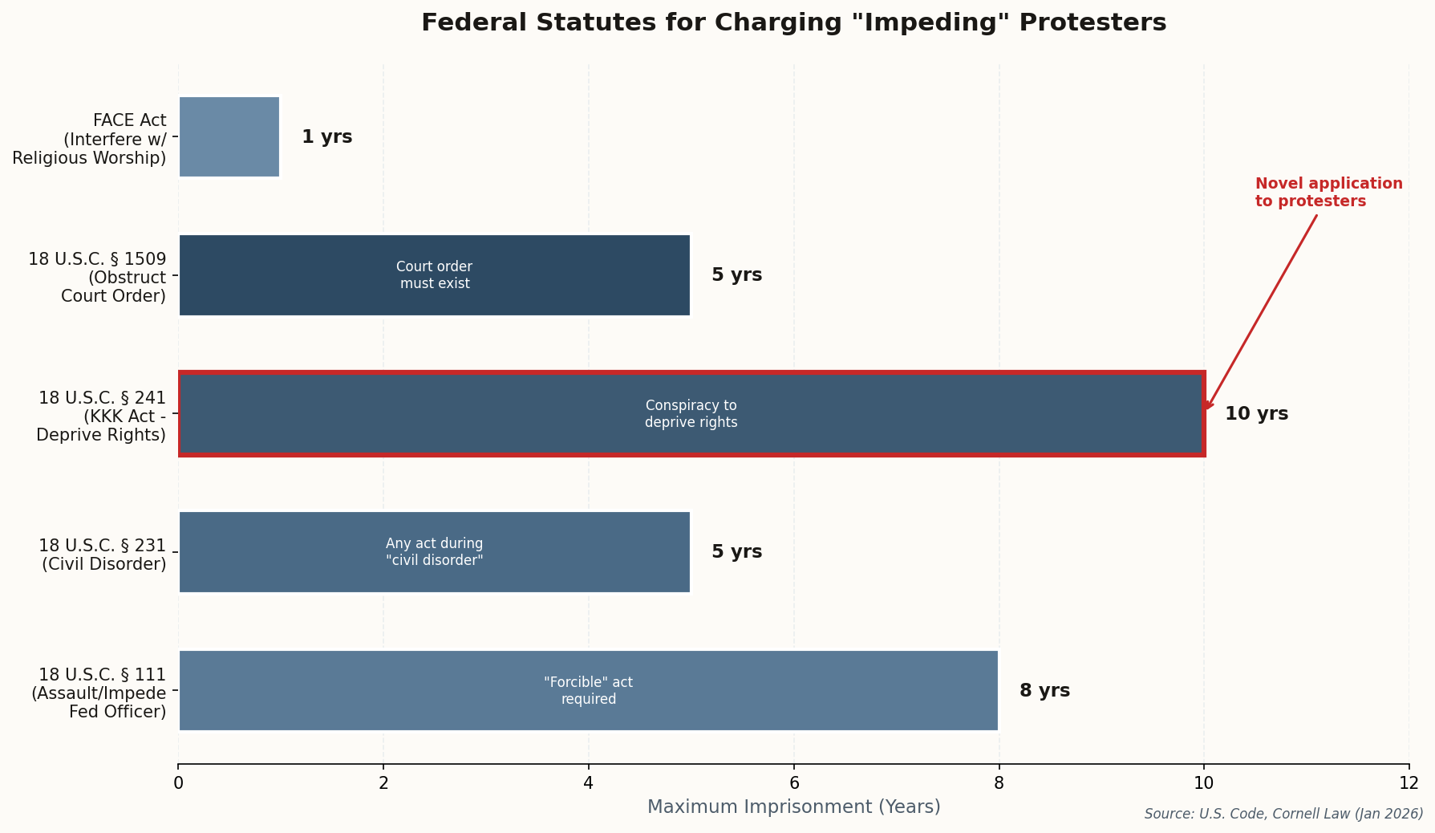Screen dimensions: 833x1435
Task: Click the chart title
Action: point(793,22)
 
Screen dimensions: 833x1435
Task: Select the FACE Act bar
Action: point(229,136)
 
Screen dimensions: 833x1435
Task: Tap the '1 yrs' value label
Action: point(326,137)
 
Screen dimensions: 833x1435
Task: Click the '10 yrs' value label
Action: point(1255,414)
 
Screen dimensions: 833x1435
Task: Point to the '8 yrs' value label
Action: point(1044,691)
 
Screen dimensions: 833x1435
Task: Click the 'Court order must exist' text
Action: point(434,275)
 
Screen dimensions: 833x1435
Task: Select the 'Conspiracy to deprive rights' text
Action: point(691,414)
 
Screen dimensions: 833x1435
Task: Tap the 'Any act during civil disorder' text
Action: point(434,552)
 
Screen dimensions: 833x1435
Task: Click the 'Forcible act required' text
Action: point(588,691)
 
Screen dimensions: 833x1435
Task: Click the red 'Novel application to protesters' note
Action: point(1328,193)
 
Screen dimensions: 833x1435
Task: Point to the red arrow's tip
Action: point(1206,409)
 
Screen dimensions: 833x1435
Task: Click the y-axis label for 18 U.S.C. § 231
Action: point(103,555)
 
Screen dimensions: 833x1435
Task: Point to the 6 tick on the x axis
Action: point(793,783)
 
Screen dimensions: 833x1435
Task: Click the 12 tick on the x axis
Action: point(1409,783)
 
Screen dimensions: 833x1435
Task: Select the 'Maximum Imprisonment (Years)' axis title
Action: point(793,807)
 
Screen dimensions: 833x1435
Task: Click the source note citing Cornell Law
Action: point(1283,814)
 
